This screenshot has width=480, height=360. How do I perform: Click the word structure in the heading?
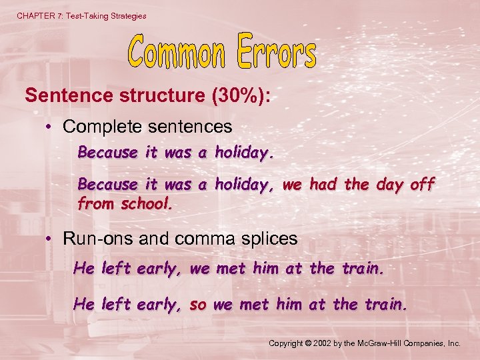click(x=165, y=95)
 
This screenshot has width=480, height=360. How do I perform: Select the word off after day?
click(x=421, y=184)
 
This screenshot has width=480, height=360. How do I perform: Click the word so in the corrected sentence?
click(x=198, y=305)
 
